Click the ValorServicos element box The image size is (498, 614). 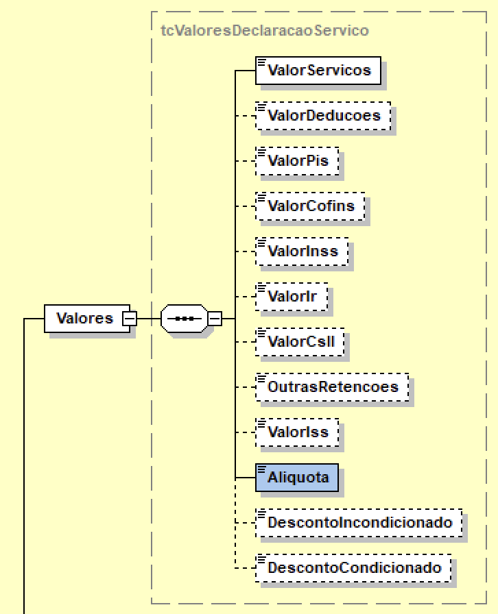318,71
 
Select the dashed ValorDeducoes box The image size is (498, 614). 322,116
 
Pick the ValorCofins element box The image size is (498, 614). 309,206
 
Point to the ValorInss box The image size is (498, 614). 302,251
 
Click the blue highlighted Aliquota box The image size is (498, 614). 297,478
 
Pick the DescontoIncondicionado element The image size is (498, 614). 359,523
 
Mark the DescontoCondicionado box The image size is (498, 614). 353,568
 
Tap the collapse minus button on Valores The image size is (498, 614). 128,319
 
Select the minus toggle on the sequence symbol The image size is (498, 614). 214,319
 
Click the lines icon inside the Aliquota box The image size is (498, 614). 261,469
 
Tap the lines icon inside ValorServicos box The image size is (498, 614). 261,62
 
